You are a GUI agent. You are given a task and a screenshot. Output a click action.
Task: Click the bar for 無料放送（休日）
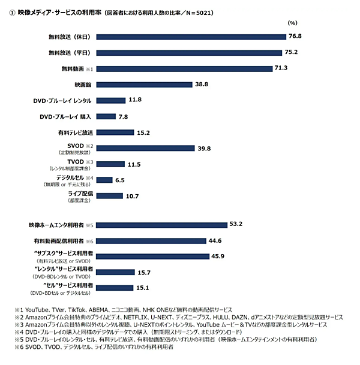click(x=190, y=37)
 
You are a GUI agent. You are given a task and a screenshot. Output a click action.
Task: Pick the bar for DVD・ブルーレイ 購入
click(x=106, y=116)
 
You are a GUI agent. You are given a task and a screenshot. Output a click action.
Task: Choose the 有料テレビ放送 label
click(x=75, y=132)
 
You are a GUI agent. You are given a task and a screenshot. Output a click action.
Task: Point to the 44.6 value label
click(x=214, y=240)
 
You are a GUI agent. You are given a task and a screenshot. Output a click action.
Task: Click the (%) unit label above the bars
click(x=292, y=23)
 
